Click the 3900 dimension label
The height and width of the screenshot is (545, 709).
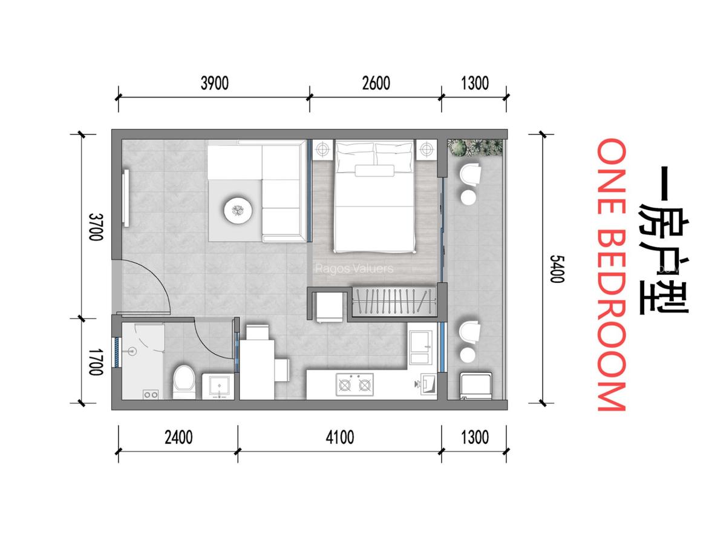coord(215,83)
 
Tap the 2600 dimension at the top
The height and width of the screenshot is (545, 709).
coord(376,83)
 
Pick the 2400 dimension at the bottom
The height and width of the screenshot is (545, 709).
coord(178,437)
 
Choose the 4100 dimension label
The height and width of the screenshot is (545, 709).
coord(339,437)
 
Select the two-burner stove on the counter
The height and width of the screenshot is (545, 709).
coord(354,385)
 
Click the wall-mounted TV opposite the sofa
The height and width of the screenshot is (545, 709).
coord(126,198)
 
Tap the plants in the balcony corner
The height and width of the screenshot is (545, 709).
coord(475,147)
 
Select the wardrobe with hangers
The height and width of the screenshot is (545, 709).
coord(394,301)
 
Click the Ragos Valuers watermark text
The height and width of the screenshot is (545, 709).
coord(354,268)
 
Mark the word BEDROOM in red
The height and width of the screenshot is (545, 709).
coord(610,322)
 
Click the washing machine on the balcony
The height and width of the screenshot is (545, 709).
coord(476,386)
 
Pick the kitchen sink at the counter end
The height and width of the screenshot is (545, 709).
coord(427,383)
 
